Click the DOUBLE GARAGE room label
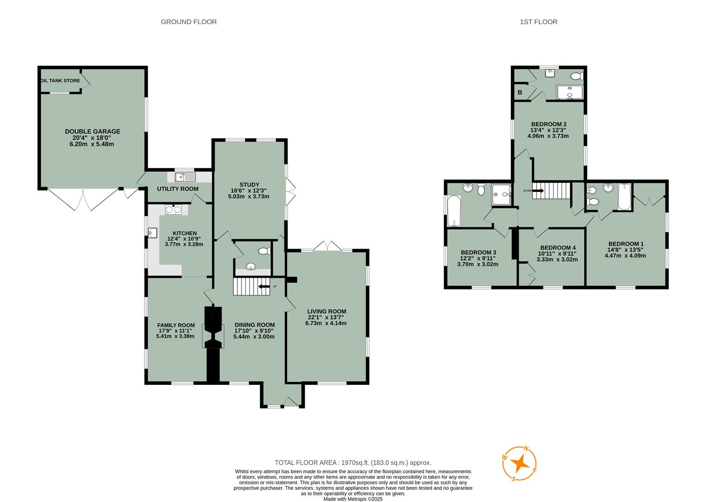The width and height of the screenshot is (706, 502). [x=92, y=132]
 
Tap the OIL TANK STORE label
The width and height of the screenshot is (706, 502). [x=60, y=81]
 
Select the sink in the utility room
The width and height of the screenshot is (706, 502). [x=186, y=177]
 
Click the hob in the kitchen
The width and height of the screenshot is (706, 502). [x=172, y=210]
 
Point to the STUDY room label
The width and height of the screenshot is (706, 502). [x=249, y=185]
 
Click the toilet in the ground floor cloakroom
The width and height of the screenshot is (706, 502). [x=263, y=251]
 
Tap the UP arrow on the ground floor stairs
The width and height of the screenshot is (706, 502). [x=264, y=286]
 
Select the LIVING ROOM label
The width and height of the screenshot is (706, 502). [x=327, y=311]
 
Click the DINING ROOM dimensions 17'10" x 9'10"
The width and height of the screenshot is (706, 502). [x=254, y=331]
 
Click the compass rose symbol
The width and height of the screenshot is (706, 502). [x=520, y=463]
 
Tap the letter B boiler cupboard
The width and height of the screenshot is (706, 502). [x=520, y=92]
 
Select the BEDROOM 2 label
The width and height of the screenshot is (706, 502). [x=549, y=124]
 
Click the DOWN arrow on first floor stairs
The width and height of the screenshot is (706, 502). [x=538, y=190]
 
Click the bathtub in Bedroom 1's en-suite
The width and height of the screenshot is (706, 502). [x=624, y=197]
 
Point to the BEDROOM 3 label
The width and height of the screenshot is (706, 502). [x=478, y=252]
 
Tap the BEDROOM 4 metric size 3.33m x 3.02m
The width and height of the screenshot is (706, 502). [x=557, y=259]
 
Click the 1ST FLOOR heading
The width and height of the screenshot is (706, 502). [x=538, y=22]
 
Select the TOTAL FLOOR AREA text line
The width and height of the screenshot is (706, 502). [x=353, y=462]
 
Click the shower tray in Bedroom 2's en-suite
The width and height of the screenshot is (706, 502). [x=569, y=92]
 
